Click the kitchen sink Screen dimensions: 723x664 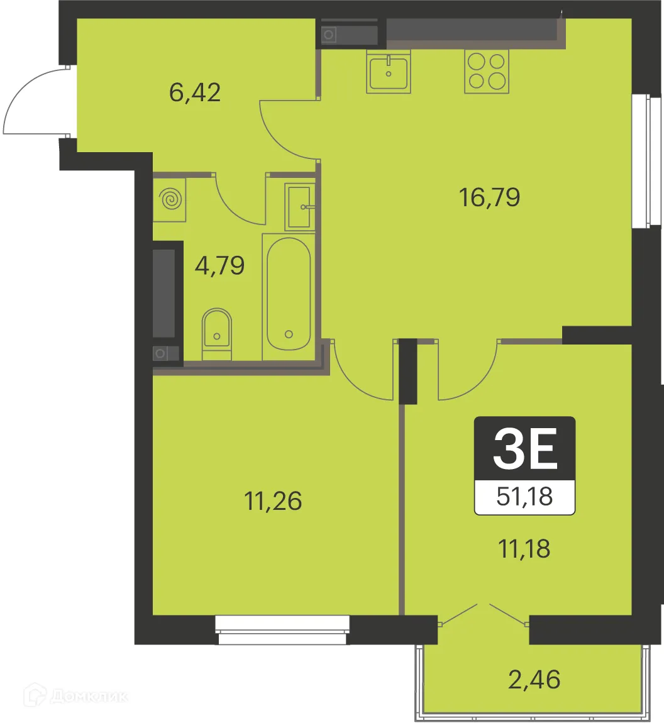tap(389, 72)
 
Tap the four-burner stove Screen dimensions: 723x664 tap(487, 71)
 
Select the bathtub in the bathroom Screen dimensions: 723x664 tap(289, 294)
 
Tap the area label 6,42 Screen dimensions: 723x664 tap(195, 92)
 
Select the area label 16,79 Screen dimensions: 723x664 tap(490, 197)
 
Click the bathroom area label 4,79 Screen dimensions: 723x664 tap(219, 265)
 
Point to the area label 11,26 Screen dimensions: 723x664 tap(273, 501)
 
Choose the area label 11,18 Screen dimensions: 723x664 tap(524, 548)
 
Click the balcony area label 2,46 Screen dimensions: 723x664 tap(534, 680)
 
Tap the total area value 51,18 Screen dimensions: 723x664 tap(524, 497)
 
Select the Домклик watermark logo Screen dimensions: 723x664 tap(75, 696)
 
